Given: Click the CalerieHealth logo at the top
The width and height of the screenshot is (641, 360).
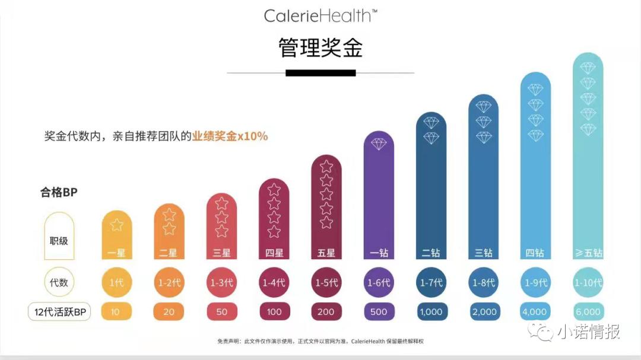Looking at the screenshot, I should point(320,15).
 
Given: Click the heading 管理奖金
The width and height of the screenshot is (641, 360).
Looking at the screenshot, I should point(320,47).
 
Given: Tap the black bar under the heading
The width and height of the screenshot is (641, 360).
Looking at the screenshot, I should point(320,73).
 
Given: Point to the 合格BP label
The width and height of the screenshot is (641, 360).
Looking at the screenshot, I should point(59,192).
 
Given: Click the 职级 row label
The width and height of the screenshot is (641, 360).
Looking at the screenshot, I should point(59,241).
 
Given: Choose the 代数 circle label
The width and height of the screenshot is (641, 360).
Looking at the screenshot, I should point(59,282).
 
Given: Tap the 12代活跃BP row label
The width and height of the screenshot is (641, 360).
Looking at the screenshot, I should point(59,311).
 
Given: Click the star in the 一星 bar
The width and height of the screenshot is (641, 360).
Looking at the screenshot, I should point(117,225).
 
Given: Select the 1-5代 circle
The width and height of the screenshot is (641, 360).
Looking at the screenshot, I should point(326,282).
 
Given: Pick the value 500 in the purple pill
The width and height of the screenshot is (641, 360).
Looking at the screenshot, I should point(379,311).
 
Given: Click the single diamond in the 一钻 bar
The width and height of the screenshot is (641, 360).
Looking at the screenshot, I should point(379,144).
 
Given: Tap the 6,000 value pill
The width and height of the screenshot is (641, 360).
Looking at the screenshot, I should point(588,311).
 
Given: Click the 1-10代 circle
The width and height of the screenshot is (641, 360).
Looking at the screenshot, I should point(588,282).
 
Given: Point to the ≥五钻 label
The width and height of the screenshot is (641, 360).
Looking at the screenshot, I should point(588,253).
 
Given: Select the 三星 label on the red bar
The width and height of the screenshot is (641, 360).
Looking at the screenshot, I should point(222,253).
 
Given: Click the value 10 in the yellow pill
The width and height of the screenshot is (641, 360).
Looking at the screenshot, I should point(117,311).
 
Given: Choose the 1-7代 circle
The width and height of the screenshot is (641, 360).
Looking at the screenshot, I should point(431,282).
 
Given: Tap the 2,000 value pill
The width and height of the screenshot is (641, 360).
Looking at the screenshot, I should point(483,311).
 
